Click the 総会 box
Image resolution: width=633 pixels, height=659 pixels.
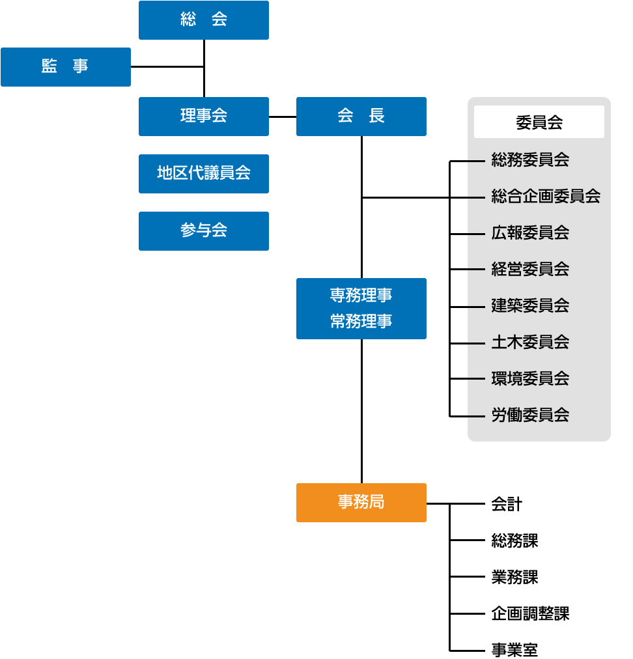204,20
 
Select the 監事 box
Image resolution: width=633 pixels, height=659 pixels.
66,67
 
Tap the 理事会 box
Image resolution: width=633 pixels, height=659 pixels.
204,117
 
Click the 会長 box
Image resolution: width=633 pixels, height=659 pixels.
361,117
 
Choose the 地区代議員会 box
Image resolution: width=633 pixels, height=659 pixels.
204,174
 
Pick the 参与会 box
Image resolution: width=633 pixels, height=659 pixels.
204,231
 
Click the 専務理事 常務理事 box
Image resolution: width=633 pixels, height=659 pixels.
361,309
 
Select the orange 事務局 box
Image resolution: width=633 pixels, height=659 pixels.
361,503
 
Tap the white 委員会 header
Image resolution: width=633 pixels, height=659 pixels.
539,122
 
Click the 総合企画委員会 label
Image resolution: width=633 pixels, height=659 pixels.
546,196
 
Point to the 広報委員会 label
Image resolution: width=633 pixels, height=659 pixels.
530,232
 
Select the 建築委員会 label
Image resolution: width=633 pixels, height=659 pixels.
530,305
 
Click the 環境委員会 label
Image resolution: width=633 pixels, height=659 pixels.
530,378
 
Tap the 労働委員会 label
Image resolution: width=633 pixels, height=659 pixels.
530,415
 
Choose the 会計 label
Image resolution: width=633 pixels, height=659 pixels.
507,504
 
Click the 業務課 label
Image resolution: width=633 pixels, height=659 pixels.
514,577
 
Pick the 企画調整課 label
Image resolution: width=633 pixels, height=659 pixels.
530,613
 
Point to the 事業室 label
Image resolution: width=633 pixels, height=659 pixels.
514,650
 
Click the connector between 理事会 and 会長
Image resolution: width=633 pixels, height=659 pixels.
283,117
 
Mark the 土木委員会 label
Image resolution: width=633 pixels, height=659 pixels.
530,342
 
